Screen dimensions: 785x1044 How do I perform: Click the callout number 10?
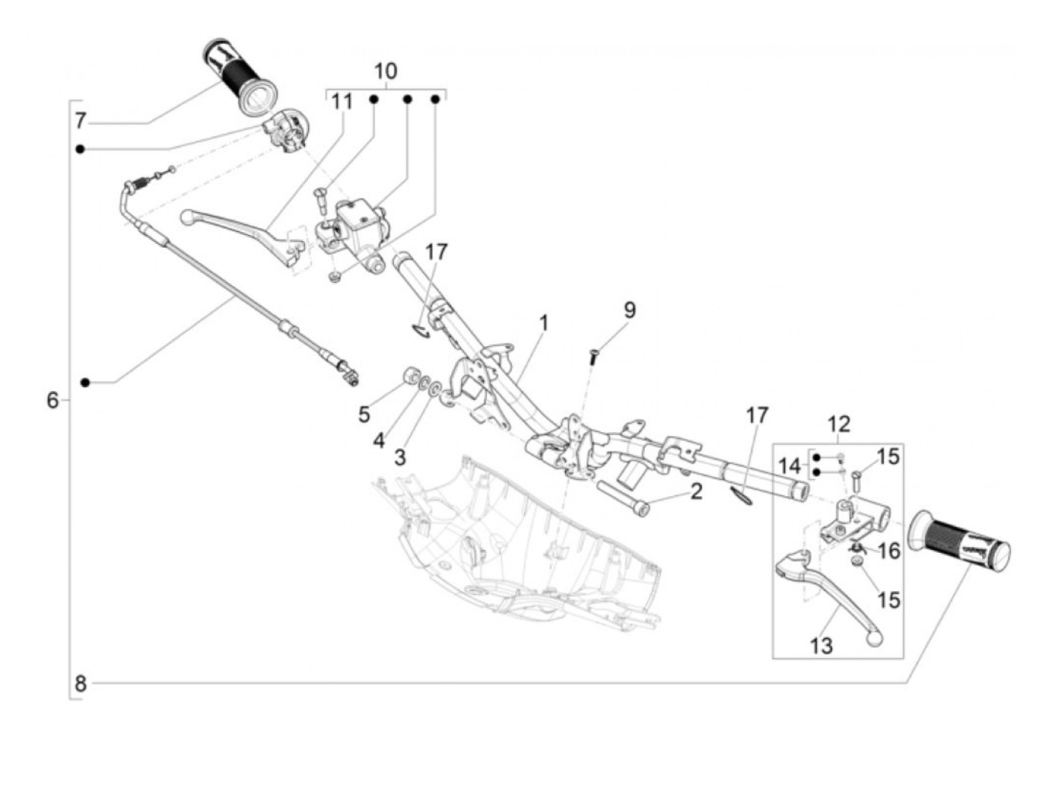coord(385,72)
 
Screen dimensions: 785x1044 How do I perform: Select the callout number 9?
coord(629,310)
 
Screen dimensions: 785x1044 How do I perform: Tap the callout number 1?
coord(544,323)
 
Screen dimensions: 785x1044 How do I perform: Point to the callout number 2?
coord(696,492)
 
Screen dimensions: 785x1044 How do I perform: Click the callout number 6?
coord(52,401)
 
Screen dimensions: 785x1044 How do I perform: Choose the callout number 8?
coord(81,683)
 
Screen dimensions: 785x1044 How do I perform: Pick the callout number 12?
coord(838,425)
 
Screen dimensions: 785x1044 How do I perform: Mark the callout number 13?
coord(821,645)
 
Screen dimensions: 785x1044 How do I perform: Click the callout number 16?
coord(889,551)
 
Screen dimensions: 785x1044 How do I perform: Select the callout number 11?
coord(342,101)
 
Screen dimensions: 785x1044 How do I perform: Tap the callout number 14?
coord(789,466)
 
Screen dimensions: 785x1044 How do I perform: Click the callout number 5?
coord(364,414)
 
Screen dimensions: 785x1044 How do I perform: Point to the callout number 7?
coord(81,119)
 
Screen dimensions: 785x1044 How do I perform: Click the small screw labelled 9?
coord(594,356)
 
